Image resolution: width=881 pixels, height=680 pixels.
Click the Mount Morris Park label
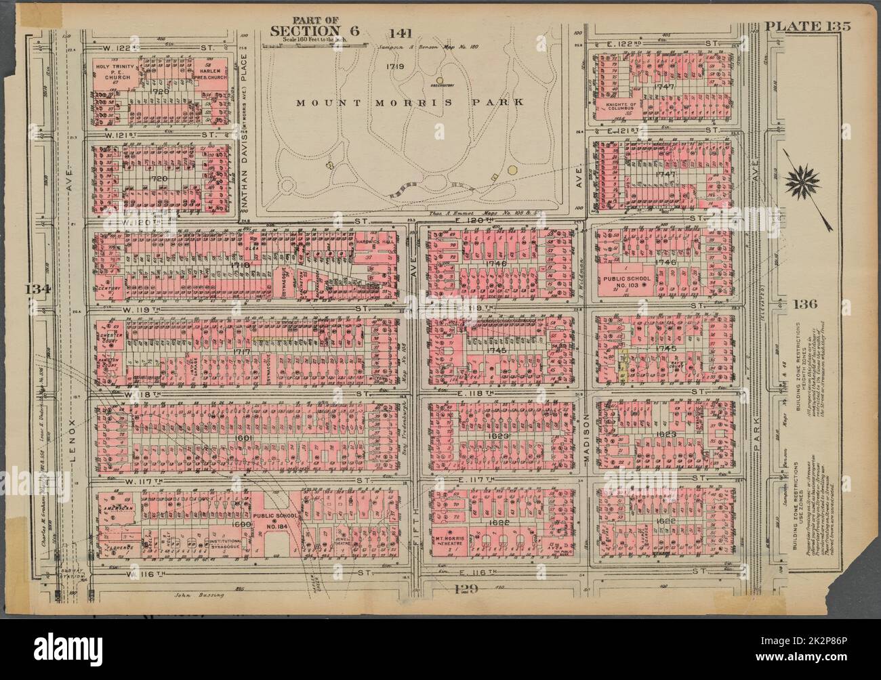pos(409,103)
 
